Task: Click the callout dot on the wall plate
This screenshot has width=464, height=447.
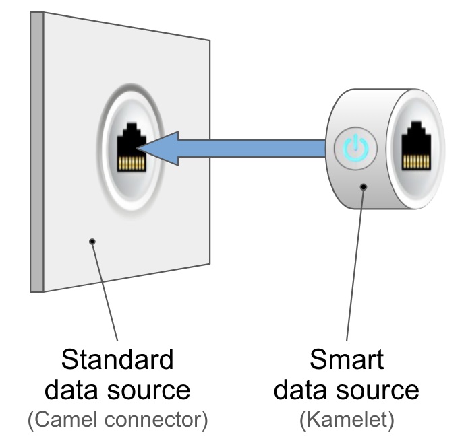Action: click(x=92, y=241)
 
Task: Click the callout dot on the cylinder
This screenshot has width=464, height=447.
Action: click(x=364, y=186)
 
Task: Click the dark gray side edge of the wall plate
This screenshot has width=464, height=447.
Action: click(x=36, y=152)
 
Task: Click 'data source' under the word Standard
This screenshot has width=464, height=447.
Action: click(x=117, y=390)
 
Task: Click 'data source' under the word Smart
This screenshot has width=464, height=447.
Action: click(x=347, y=390)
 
